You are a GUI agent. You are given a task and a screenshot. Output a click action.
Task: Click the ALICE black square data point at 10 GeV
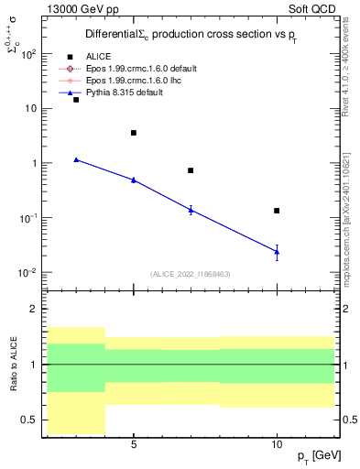click(277, 211)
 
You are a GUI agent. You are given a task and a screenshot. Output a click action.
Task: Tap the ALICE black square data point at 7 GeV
click(191, 170)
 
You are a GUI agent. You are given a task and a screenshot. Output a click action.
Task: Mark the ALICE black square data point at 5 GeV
click(134, 133)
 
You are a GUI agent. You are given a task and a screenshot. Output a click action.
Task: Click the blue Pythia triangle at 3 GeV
click(76, 159)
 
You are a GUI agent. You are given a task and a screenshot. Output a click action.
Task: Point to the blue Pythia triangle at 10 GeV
click(277, 251)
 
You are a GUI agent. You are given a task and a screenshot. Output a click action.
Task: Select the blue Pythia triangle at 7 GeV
click(191, 210)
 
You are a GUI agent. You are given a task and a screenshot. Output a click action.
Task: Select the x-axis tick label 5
click(134, 444)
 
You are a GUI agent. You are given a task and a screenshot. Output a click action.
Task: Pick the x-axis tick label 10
click(277, 444)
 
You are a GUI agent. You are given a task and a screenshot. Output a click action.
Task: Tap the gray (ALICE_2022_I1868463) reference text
click(191, 274)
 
